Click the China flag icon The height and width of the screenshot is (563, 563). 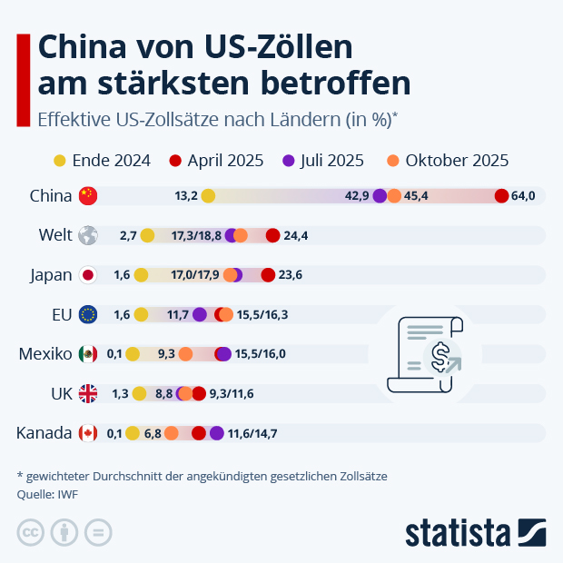[88, 195]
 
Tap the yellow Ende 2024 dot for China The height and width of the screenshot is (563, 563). [208, 195]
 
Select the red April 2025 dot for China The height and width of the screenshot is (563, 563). [501, 195]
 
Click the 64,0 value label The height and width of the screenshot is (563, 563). [524, 195]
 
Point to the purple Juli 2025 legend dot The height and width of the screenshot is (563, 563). [289, 161]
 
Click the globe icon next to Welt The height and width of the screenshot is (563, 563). [88, 235]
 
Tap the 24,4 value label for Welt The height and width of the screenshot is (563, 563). [296, 235]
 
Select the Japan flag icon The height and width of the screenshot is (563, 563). [88, 275]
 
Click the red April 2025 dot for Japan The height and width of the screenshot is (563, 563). [268, 275]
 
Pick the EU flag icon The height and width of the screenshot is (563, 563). [88, 314]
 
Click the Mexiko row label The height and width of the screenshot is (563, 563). [44, 354]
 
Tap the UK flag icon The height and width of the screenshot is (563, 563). [88, 393]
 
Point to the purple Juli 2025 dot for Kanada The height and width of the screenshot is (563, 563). [216, 433]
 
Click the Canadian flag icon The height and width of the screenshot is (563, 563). [88, 433]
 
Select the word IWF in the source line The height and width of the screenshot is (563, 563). [65, 494]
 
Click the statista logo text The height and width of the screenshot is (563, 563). [459, 533]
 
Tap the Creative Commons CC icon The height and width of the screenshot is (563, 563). [31, 533]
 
